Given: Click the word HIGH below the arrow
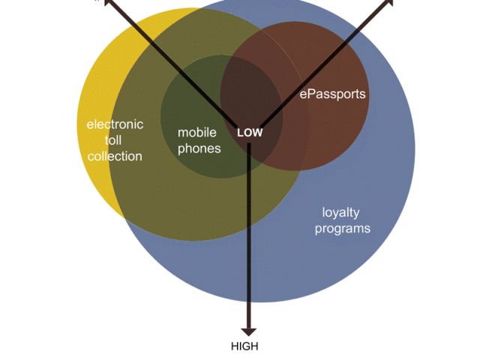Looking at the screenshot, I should coord(244,346).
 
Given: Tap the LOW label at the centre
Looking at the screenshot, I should coord(250,133).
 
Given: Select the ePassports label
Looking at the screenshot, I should coord(332,94).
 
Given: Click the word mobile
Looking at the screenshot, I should coord(197,133).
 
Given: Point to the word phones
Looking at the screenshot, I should coord(199,148).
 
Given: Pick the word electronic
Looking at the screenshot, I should coord(115,124).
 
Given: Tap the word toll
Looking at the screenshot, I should coord(114,140).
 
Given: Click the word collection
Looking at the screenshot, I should coord(115,156).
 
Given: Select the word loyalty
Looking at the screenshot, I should coord(341,212).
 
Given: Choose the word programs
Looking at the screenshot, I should coord(342,228).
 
